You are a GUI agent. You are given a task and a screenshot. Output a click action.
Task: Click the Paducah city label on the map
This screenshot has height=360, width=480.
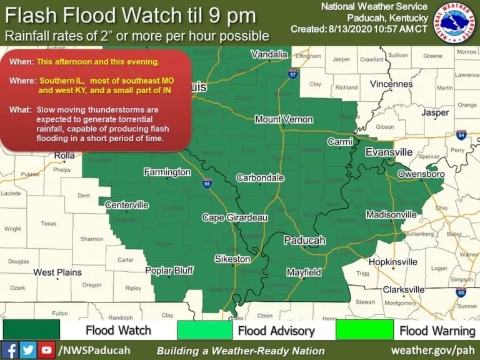click(x=304, y=241)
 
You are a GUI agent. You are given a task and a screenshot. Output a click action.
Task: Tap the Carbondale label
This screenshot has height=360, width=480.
click(x=260, y=178)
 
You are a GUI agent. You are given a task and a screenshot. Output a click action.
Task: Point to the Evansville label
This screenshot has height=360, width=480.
click(x=389, y=152)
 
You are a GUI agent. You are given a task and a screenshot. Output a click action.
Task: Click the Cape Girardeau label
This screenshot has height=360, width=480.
click(x=234, y=217)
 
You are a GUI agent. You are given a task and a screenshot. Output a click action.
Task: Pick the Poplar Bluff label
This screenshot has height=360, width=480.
click(x=169, y=271)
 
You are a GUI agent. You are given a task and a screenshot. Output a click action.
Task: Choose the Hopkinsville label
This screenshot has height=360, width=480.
click(x=392, y=262)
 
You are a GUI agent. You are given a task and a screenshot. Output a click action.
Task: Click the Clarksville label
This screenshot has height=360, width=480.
click(x=404, y=290)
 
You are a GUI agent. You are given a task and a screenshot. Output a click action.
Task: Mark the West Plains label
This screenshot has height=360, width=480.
click(x=57, y=272)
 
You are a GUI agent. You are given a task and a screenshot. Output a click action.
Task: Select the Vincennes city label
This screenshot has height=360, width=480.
click(x=391, y=84)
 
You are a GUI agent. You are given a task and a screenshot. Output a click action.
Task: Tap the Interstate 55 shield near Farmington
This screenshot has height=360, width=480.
click(x=207, y=183)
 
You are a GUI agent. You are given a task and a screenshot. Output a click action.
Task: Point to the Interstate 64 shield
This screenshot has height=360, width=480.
click(x=461, y=134)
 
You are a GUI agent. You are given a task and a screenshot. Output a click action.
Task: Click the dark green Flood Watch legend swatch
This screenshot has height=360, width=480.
click(x=31, y=329)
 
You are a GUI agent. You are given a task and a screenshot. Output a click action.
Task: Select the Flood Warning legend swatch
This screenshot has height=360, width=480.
click(x=364, y=329)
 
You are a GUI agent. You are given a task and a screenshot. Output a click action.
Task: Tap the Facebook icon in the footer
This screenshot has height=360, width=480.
click(x=10, y=349)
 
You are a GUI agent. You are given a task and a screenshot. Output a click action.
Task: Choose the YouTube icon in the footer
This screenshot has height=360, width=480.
click(x=46, y=349)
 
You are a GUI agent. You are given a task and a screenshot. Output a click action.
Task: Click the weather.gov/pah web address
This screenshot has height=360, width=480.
click(x=432, y=349)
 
